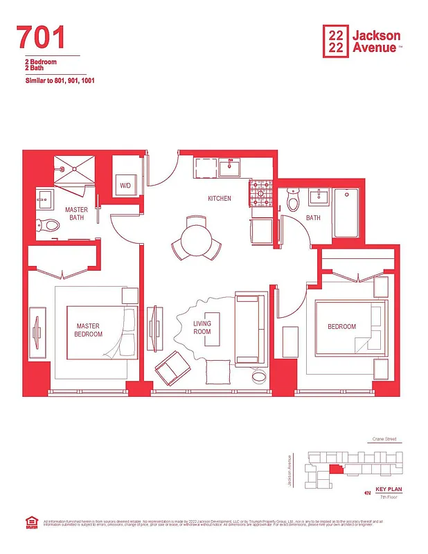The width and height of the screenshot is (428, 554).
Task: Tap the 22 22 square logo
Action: [x=336, y=40]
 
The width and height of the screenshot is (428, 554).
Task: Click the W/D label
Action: [x=125, y=186]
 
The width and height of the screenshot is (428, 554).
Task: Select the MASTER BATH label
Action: [x=75, y=214]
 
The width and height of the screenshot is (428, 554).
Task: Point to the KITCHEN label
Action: [x=220, y=199]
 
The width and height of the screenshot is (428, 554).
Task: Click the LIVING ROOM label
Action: [x=202, y=328]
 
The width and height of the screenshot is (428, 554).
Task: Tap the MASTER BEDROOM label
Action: [x=89, y=330]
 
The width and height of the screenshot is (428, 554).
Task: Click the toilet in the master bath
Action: [x=48, y=224]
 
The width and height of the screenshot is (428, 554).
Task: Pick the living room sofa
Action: [x=249, y=330]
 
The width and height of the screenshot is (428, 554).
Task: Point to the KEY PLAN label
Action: [x=389, y=490]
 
